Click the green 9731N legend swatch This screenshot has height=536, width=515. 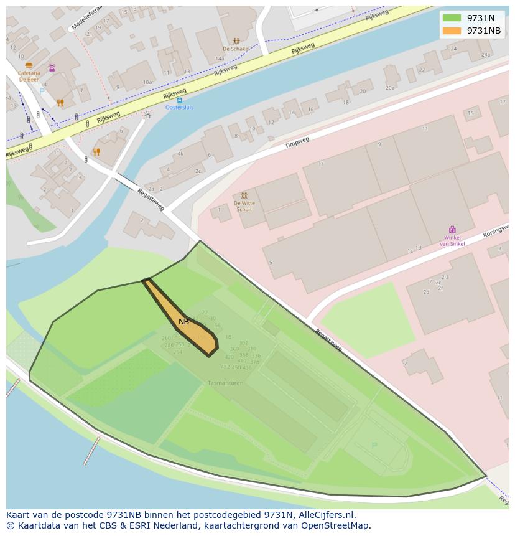click(x=452, y=18)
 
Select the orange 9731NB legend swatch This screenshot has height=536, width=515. click(x=452, y=31)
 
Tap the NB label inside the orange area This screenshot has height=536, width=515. click(x=183, y=322)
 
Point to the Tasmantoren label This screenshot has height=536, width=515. click(x=225, y=383)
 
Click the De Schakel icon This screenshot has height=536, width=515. click(x=236, y=41)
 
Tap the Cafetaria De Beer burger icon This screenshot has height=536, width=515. click(x=29, y=65)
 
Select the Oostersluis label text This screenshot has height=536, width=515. click(x=179, y=107)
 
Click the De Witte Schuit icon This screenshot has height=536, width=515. click(x=244, y=195)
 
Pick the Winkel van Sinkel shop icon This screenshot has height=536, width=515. click(x=452, y=230)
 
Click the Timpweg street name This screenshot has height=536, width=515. click(x=297, y=143)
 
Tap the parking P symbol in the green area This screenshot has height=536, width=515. click(x=374, y=445)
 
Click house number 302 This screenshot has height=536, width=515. click(x=243, y=343)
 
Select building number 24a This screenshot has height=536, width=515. click(x=485, y=55)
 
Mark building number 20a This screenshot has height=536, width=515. click(x=390, y=88)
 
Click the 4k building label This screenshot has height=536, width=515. click(x=180, y=153)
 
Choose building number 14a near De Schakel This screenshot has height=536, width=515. click(x=220, y=59)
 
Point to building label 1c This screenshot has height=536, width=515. click(x=410, y=251)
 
